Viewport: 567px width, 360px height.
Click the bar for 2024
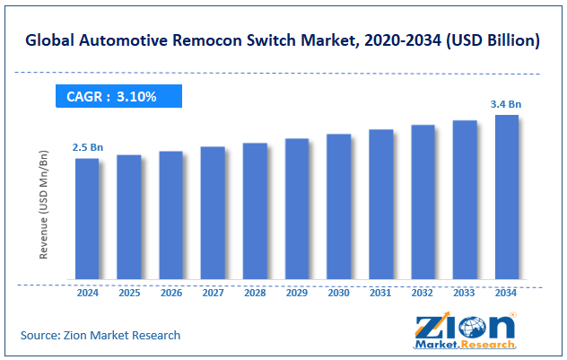click(87, 218)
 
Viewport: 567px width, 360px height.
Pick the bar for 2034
click(506, 197)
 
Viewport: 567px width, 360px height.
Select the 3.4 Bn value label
click(506, 104)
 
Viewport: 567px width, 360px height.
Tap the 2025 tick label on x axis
click(129, 293)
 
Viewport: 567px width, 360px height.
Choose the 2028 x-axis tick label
click(255, 293)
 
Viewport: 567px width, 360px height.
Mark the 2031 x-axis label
click(380, 293)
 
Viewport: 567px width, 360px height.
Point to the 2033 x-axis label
click(465, 293)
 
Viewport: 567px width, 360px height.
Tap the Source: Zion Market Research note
click(100, 335)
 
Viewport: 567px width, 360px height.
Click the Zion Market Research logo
click(466, 329)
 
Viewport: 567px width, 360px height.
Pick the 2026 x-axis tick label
click(171, 293)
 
